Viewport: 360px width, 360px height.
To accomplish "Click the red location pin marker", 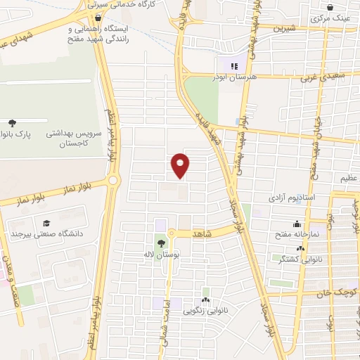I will tap(181, 165).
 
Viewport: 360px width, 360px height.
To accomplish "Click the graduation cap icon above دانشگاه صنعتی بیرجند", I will tap(46, 223).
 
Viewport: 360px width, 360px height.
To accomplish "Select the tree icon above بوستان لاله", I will tap(162, 244).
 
